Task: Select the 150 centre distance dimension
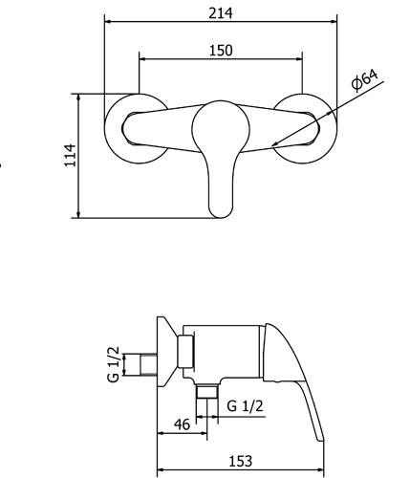(x=221, y=50)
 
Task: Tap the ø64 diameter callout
(x=364, y=80)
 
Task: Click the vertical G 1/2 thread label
(x=114, y=363)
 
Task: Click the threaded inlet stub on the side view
(x=149, y=364)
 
